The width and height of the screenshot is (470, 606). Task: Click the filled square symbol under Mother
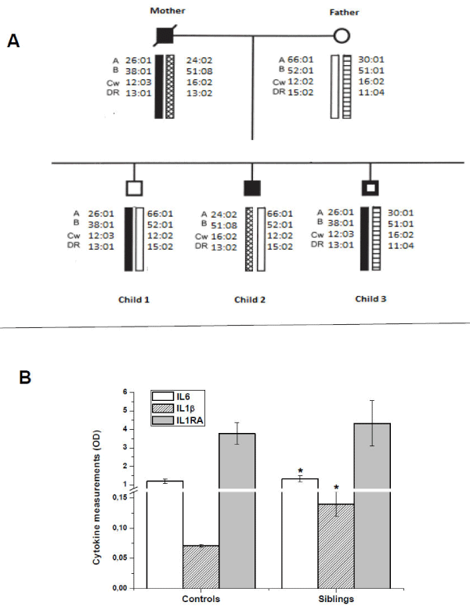pyautogui.click(x=164, y=35)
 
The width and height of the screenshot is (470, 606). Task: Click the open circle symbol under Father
pyautogui.click(x=342, y=35)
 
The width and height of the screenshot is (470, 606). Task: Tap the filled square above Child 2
pyautogui.click(x=251, y=188)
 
